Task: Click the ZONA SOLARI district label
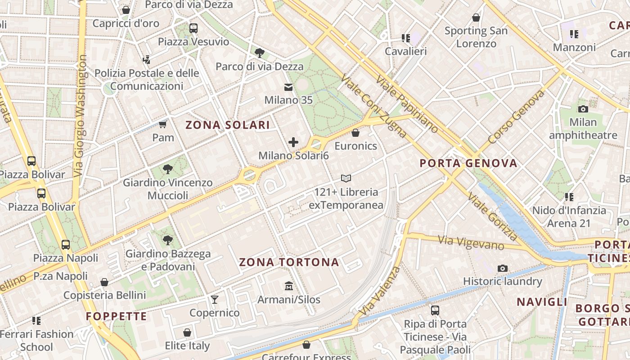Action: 228,125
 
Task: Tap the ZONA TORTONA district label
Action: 289,262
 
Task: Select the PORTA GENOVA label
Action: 468,163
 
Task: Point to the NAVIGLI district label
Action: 542,302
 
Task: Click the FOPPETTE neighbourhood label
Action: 117,316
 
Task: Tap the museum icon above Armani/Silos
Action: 288,286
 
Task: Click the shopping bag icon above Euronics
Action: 355,133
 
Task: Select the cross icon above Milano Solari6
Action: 293,143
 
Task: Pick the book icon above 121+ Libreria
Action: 346,179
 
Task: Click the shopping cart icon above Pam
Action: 163,124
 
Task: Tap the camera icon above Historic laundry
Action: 502,269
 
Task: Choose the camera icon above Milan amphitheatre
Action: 583,109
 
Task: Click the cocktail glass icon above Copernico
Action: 215,299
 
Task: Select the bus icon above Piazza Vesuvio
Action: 193,28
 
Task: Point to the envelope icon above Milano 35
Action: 288,87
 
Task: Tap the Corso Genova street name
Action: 516,117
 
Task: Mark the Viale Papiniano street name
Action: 406,104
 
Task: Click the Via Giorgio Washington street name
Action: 81,116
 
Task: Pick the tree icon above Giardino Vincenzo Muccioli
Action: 168,169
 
